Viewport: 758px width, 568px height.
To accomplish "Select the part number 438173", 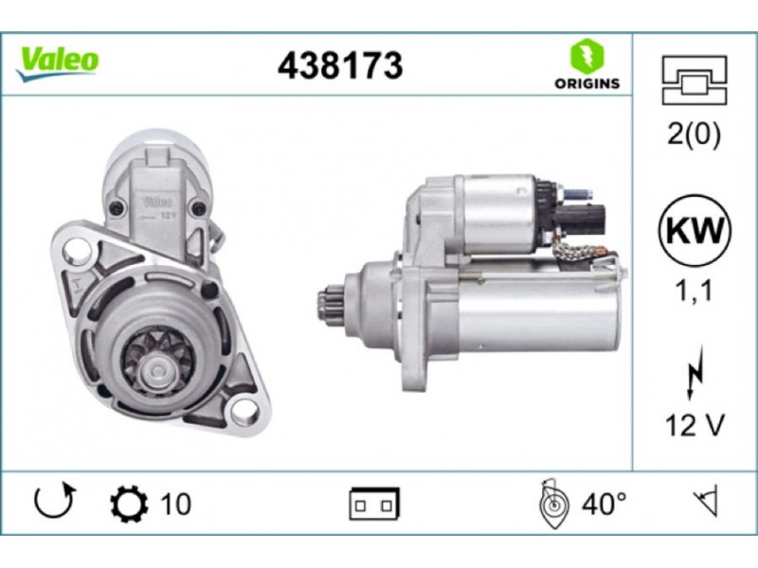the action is pos(340,65).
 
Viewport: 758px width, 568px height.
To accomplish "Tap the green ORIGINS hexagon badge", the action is pos(587,56).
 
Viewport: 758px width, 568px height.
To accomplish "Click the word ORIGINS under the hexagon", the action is pos(587,83).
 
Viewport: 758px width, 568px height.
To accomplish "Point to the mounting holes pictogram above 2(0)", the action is pos(695,80).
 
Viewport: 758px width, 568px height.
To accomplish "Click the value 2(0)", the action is pos(694,133).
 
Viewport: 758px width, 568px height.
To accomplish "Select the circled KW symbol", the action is pos(695,230).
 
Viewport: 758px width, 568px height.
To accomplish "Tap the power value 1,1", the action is pos(694,291).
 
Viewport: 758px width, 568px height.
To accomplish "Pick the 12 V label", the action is pos(695,425).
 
